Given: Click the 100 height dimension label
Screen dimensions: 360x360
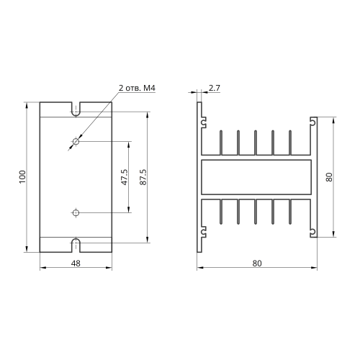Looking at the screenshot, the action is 22,177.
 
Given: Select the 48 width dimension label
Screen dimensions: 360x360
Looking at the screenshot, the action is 76,264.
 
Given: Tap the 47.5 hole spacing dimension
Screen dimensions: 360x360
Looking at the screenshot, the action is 125,177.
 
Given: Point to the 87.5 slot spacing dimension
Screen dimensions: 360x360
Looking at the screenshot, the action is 143,177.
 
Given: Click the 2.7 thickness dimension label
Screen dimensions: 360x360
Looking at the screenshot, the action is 214,88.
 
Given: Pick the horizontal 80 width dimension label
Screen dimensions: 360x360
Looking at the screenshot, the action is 257,264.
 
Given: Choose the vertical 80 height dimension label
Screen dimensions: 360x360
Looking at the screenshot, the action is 330,177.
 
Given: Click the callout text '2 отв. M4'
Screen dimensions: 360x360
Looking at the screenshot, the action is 137,88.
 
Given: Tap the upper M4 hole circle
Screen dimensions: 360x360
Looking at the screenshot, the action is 76,141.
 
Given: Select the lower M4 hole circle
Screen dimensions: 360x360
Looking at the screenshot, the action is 76,212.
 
